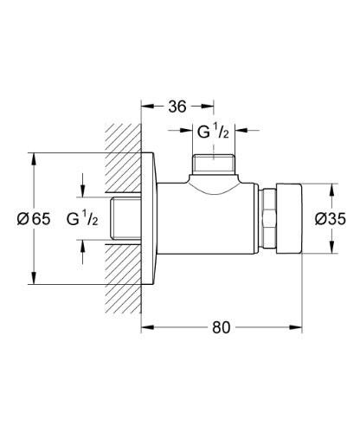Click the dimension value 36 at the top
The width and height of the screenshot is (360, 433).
pyautogui.click(x=177, y=107)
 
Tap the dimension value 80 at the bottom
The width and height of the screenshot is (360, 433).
pyautogui.click(x=222, y=328)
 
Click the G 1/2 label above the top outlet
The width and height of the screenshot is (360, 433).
pyautogui.click(x=211, y=132)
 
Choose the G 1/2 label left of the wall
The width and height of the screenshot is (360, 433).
pyautogui.click(x=84, y=219)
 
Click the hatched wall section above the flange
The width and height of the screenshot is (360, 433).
pyautogui.click(x=122, y=147)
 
